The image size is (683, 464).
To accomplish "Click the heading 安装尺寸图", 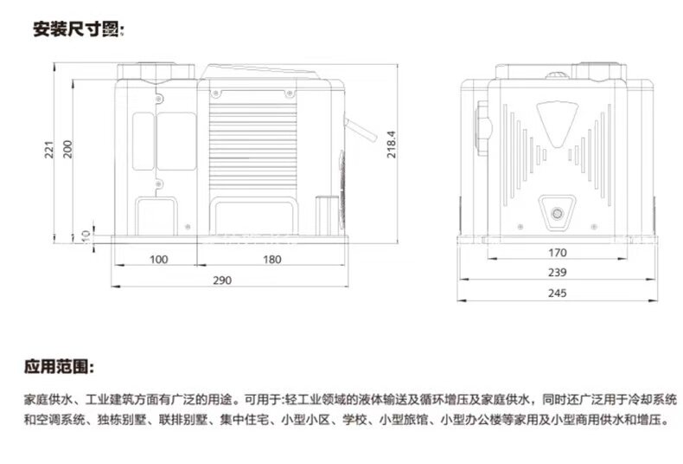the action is tap(79, 29).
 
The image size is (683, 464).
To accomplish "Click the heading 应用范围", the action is tap(59, 366).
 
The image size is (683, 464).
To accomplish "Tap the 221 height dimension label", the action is tap(49, 150).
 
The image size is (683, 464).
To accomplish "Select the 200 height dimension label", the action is tap(67, 149).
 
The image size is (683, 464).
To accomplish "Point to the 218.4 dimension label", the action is tap(391, 145).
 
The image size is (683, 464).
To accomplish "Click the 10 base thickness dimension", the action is tap(86, 236).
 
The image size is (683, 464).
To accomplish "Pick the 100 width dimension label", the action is tap(158, 260).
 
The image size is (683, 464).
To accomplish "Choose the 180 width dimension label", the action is tap(271, 260).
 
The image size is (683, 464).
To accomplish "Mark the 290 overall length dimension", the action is tap(222, 280).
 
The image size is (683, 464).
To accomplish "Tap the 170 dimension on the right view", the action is tap(558, 253).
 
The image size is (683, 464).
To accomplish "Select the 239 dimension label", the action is tap(558, 272).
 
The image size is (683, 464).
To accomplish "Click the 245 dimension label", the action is tap(558, 293).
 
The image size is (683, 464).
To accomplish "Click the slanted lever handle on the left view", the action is tap(361, 129).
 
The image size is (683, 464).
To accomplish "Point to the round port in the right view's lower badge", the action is tap(557, 214).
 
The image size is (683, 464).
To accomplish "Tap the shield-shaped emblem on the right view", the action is tap(557, 125).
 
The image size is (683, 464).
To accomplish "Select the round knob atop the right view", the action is tap(557, 76).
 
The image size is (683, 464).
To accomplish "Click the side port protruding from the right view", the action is tap(483, 127).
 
